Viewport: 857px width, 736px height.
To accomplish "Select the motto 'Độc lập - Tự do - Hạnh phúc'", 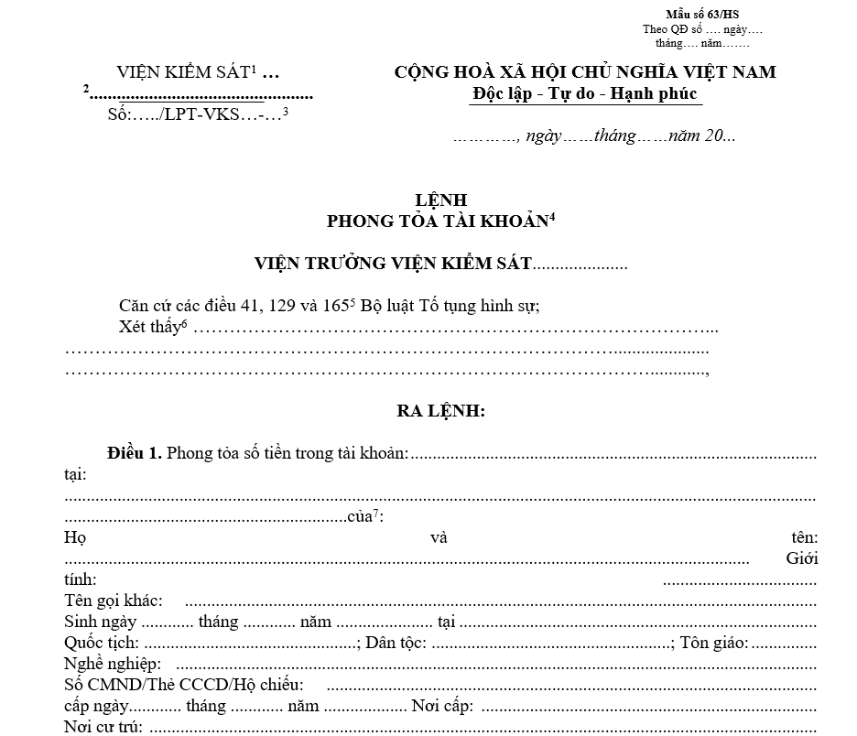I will point(584,93).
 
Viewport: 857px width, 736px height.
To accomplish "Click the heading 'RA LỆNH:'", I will point(440,412).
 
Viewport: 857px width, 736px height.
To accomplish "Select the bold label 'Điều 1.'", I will point(135,453).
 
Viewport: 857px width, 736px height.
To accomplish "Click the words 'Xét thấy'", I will point(149,327).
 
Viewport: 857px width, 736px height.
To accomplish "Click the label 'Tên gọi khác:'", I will point(114,601).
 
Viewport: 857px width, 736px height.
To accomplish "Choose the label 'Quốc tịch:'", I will point(102,644).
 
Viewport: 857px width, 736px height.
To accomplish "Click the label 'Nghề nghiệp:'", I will point(113,665).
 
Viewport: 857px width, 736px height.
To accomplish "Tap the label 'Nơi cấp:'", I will point(442,707).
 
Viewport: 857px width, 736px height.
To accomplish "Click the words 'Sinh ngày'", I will point(101,622).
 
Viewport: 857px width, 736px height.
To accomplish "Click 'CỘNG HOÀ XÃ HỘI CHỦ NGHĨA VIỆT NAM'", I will point(584,72).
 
